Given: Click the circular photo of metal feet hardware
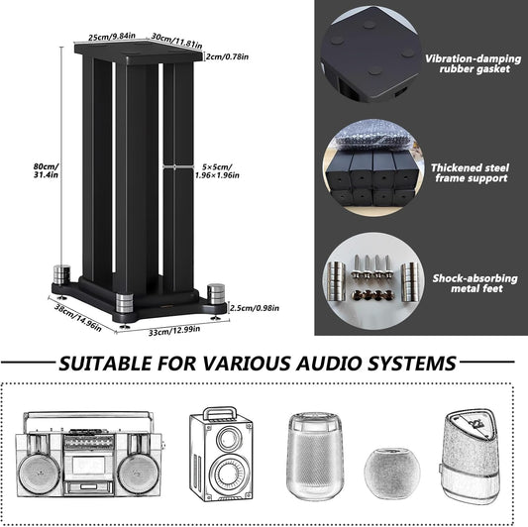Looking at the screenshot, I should pyautogui.click(x=369, y=279).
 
